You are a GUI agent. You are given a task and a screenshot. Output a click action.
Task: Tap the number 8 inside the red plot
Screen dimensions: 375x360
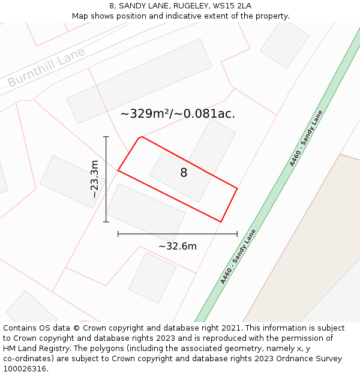pos(184,173)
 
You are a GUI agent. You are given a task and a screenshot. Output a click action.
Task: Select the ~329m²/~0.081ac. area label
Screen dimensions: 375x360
pos(178,113)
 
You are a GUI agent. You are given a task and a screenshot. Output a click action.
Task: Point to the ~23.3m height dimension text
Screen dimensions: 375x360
pos(94,179)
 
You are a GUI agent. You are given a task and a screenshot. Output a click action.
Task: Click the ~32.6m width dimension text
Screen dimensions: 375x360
pos(178,246)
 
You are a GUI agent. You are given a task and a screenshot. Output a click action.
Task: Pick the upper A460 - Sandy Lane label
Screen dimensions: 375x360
pos(306,139)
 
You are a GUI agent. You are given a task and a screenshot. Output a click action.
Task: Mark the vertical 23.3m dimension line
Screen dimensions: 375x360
pos(106,180)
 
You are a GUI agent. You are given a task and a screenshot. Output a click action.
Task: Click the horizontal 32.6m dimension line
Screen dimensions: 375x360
pos(178,234)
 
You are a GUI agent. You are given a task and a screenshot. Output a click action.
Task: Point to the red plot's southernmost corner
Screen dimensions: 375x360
pos(221,222)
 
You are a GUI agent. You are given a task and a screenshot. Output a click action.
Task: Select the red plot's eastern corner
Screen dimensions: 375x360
pos(237,188)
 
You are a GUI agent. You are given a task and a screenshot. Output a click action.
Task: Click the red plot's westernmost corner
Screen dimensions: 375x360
pos(118,170)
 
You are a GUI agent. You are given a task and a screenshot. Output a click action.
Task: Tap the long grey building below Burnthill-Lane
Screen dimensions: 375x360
pos(139,81)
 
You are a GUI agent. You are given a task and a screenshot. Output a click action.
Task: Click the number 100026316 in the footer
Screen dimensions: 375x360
pos(26,368)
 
